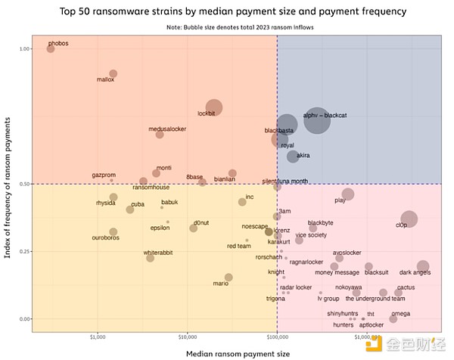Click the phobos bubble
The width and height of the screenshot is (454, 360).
point(51,48)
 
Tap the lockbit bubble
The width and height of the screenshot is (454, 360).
point(214,109)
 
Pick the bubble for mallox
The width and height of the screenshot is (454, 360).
point(113,74)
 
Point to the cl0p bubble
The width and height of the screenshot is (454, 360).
point(409,220)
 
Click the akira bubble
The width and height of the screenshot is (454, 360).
point(293,157)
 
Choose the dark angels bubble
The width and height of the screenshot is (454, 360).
point(422,265)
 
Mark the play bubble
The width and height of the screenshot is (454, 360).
point(348,194)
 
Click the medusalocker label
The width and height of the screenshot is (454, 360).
point(167,129)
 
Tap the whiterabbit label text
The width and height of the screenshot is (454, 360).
point(158,252)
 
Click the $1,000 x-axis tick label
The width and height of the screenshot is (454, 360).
point(98,336)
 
